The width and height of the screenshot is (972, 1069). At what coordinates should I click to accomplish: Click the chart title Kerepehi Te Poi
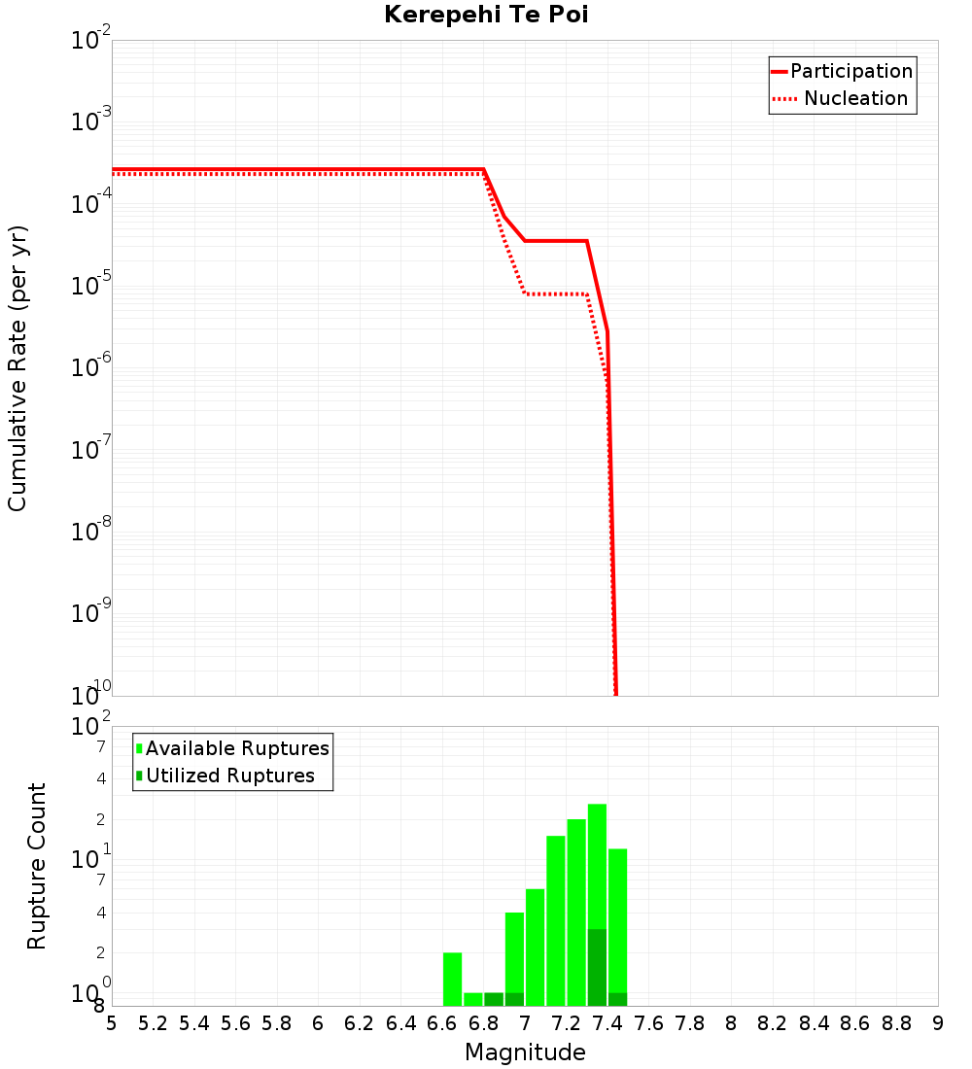click(486, 16)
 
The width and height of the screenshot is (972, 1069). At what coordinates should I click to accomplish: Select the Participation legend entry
click(850, 71)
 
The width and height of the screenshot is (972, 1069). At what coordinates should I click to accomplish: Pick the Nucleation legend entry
click(854, 98)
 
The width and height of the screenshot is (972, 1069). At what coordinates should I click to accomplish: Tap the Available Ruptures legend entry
click(236, 748)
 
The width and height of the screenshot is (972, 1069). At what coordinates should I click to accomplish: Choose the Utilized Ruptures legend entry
click(229, 776)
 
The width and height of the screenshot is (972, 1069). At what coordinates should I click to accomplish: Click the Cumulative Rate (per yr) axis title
click(17, 368)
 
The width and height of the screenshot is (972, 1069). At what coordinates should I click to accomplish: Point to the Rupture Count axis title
click(37, 866)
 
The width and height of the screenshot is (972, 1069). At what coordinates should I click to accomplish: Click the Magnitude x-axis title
click(525, 1052)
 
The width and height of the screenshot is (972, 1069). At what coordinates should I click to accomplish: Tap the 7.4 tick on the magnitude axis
click(607, 1023)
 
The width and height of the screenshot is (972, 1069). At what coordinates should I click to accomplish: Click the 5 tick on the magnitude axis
click(112, 1023)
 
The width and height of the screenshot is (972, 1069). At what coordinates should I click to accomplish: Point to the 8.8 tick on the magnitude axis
click(896, 1023)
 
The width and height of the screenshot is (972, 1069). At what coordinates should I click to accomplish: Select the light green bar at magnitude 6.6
click(452, 979)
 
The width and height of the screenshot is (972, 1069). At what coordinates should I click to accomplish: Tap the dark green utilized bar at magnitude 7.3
click(597, 967)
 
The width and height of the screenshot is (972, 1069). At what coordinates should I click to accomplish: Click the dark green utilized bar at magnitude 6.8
click(494, 999)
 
